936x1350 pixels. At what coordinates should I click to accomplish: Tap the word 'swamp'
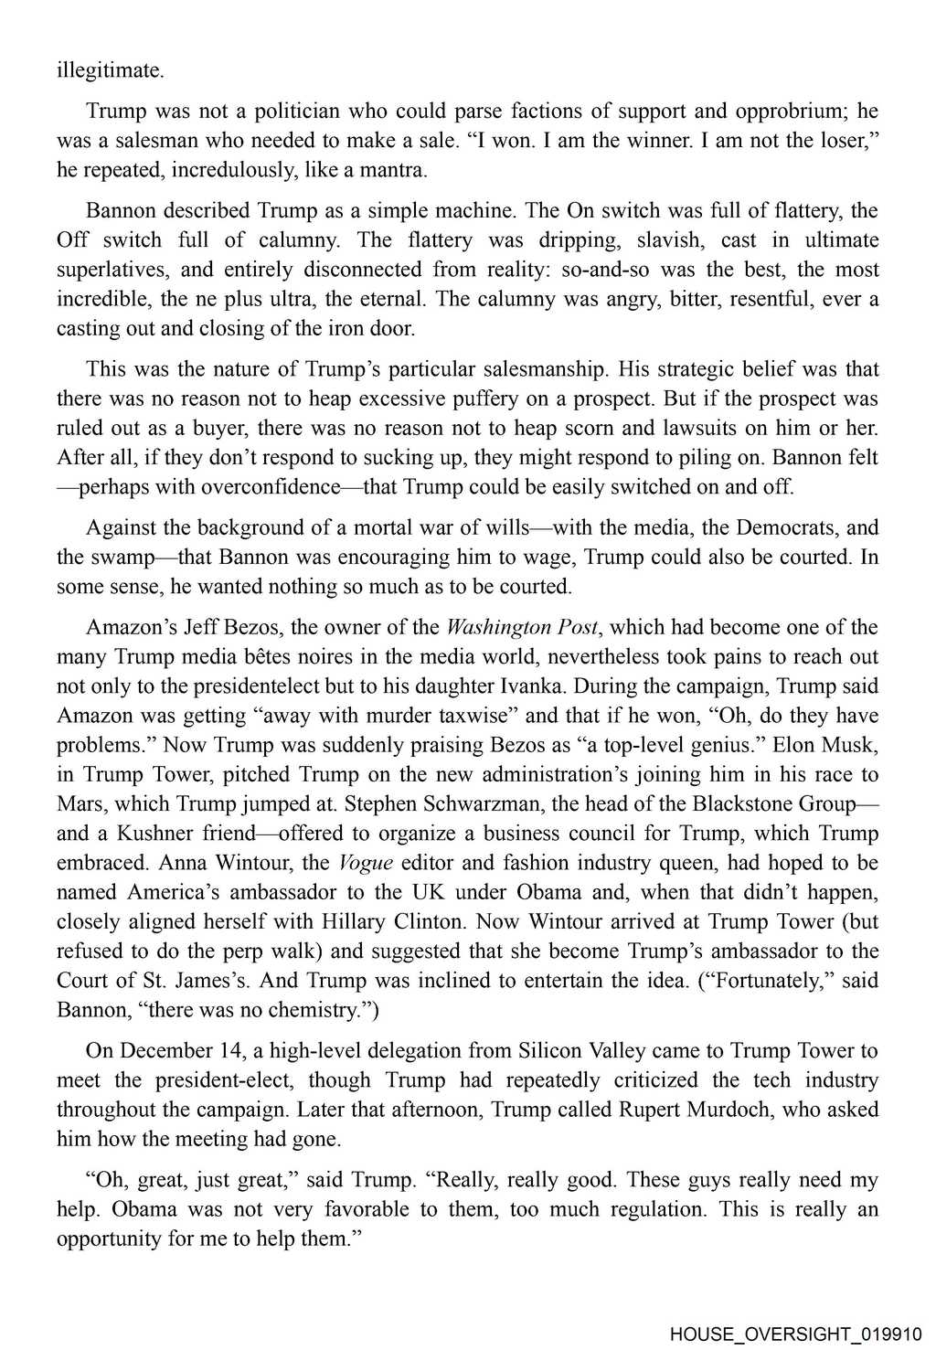pos(128,557)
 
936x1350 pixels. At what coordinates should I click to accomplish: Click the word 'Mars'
pos(78,803)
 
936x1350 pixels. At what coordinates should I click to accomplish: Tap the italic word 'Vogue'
pos(366,862)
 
